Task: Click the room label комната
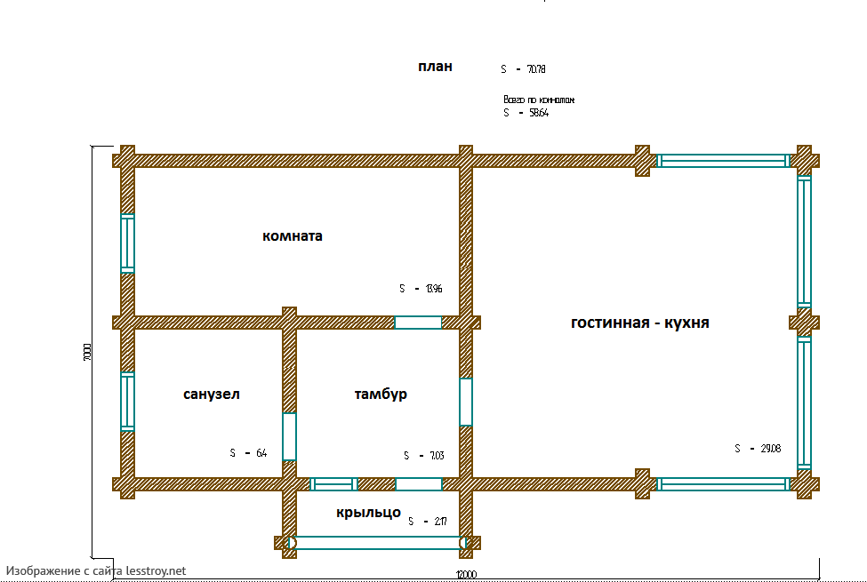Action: pos(293,236)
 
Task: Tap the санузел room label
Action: pos(212,394)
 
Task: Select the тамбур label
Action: pos(381,394)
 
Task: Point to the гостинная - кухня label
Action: pos(639,323)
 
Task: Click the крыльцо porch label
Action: pos(368,513)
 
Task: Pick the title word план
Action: pos(436,67)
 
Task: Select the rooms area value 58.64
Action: pos(537,114)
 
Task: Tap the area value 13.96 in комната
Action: pos(433,289)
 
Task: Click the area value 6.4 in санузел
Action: pos(261,453)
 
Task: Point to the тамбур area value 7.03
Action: pos(436,456)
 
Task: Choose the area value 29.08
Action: pos(769,449)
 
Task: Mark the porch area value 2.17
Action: pos(439,522)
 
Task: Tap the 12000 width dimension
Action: pos(467,574)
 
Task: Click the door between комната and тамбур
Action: pos(418,323)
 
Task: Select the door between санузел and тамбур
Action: pos(289,436)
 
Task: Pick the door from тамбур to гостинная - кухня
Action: pos(465,402)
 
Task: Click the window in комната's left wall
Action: pos(127,243)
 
